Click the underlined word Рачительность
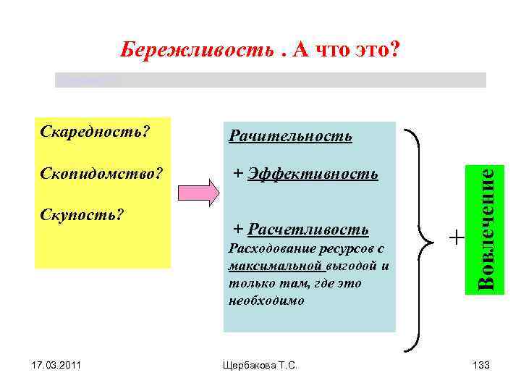(x=290, y=136)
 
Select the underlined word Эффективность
(x=313, y=174)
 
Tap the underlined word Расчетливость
(x=308, y=230)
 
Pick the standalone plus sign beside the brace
(x=456, y=237)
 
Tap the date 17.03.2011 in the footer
(x=57, y=366)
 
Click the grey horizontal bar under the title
(x=271, y=80)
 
